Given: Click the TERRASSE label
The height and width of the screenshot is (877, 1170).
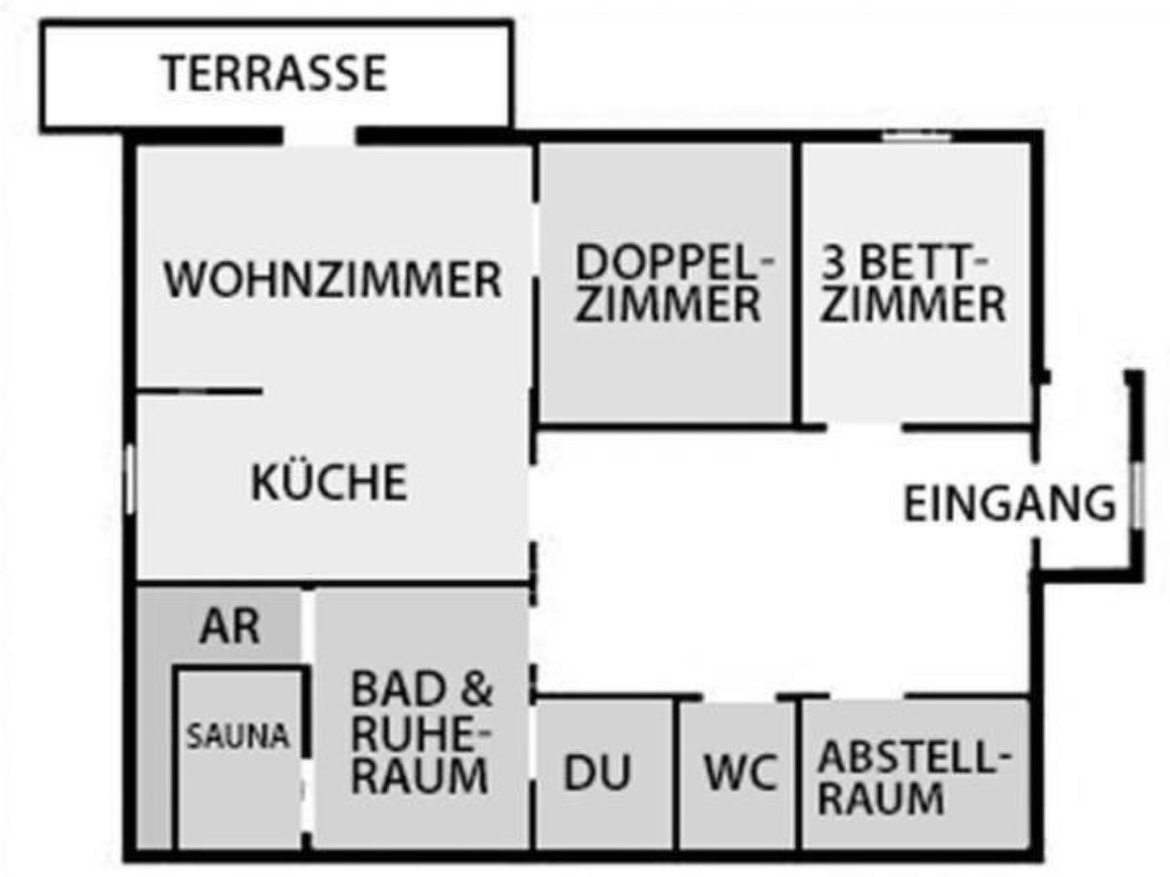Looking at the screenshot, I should [x=275, y=74].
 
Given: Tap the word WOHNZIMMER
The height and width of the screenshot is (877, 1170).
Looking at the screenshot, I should [x=332, y=279].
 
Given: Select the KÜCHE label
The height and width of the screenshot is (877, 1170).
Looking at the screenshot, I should [x=329, y=482].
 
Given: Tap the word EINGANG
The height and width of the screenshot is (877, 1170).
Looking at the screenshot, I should [x=1009, y=504].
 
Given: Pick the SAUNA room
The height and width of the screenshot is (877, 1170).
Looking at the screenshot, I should [x=238, y=737].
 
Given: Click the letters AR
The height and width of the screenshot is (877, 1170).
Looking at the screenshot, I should [x=230, y=626].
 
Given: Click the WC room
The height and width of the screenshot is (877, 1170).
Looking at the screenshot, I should [x=742, y=773].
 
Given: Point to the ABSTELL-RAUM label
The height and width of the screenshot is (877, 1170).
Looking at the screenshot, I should [x=912, y=778].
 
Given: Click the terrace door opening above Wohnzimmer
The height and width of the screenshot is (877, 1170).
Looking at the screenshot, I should [x=319, y=137].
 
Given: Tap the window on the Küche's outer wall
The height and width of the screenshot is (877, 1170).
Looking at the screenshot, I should [x=130, y=478].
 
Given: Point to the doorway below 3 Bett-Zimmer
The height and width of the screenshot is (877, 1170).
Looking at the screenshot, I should [x=864, y=427].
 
